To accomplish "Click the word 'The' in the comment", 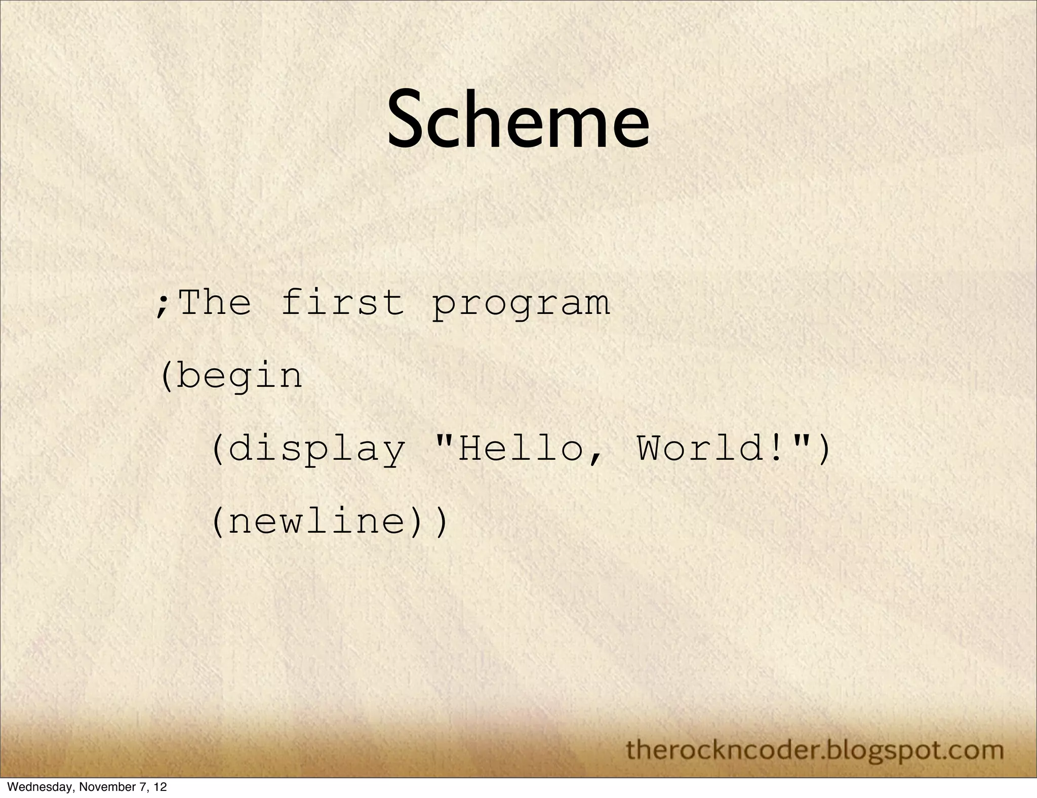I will pos(215,302).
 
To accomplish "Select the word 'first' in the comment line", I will pos(342,302).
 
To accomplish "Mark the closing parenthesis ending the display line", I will pos(824,450).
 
